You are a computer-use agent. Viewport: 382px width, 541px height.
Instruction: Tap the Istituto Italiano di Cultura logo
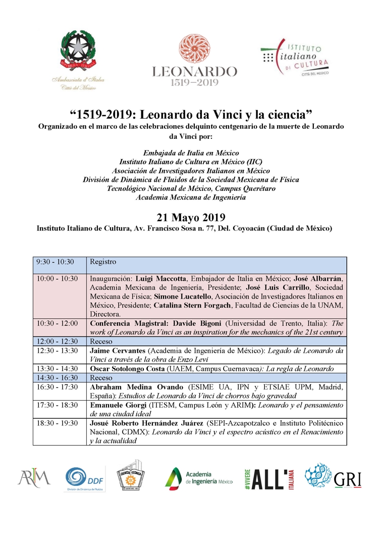point(295,59)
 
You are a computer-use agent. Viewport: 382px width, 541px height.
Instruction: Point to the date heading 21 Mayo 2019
point(191,218)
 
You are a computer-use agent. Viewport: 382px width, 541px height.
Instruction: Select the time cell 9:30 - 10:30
point(55,262)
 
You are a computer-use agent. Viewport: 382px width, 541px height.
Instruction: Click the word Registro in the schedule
point(103,262)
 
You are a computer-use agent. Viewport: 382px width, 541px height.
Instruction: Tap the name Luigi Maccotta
point(153,278)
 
